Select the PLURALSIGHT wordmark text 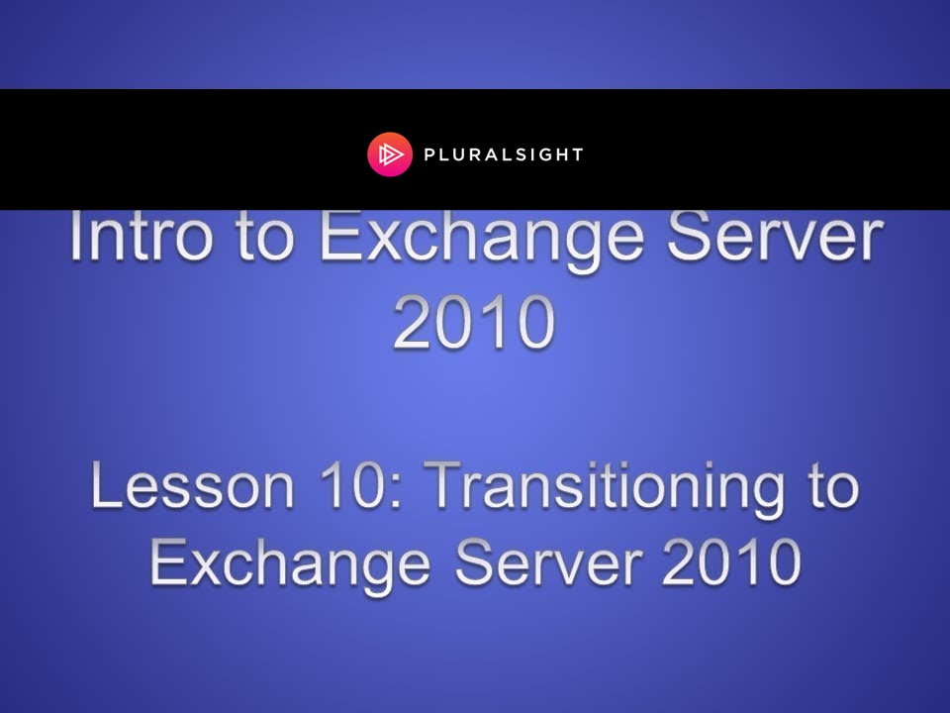pyautogui.click(x=504, y=155)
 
